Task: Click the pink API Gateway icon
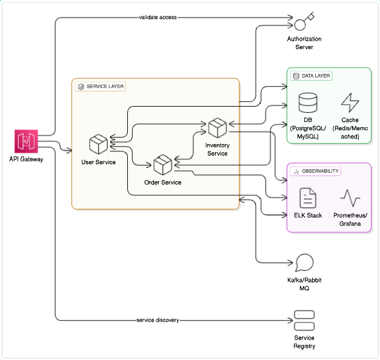(26, 141)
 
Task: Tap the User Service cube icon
(98, 144)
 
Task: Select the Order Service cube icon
(163, 165)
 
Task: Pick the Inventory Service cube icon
(218, 127)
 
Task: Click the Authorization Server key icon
(304, 21)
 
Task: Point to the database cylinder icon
(308, 102)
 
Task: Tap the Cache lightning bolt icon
(350, 102)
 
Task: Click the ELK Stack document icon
(308, 198)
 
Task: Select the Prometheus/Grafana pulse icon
(350, 198)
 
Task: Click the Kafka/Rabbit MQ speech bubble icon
(304, 263)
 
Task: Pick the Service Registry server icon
(304, 321)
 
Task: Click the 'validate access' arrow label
(158, 17)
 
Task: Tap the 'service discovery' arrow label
(158, 320)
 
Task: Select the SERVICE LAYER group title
(105, 86)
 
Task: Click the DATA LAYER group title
(316, 76)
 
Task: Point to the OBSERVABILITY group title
(320, 171)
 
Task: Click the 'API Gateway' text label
(26, 159)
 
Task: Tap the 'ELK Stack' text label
(308, 215)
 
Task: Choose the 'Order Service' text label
(163, 182)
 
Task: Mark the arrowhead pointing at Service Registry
(290, 321)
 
